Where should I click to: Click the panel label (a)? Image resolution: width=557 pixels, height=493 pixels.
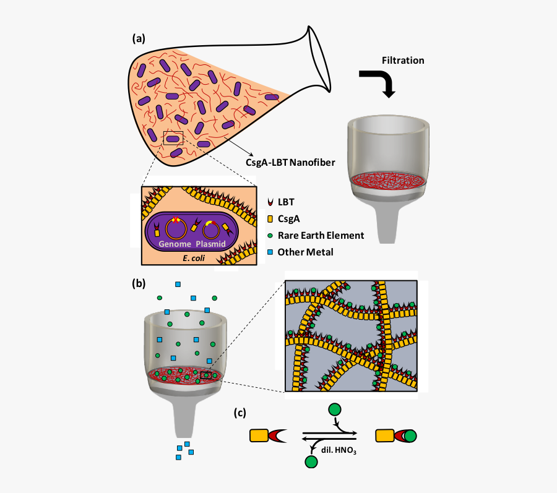[x=139, y=38]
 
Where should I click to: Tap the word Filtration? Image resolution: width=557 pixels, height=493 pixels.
[x=403, y=60]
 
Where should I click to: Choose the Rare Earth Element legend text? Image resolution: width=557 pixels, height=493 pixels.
[x=321, y=235]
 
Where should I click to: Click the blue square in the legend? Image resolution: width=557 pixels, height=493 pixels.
[x=270, y=252]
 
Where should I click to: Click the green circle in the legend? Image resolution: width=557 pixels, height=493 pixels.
[x=270, y=235]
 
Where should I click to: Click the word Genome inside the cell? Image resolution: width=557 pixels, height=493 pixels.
[x=174, y=244]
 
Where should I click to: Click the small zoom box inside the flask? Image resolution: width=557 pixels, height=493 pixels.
[x=173, y=139]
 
